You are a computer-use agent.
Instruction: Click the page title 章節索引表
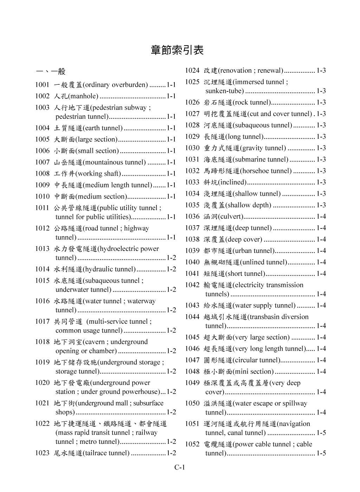(177, 50)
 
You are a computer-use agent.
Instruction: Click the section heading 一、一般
(50, 72)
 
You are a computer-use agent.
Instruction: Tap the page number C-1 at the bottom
(180, 467)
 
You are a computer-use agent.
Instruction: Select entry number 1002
(42, 96)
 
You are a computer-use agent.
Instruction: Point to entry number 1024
(192, 70)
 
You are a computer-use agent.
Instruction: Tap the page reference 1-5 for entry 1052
(321, 453)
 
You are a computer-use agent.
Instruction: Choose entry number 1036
(192, 216)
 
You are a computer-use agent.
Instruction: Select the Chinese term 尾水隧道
(68, 453)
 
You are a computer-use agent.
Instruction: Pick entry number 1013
(42, 249)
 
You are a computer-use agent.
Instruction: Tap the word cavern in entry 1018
(94, 342)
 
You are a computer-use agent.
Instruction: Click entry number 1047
(192, 360)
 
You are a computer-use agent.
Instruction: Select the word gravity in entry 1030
(252, 148)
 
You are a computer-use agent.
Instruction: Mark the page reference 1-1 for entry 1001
(171, 85)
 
